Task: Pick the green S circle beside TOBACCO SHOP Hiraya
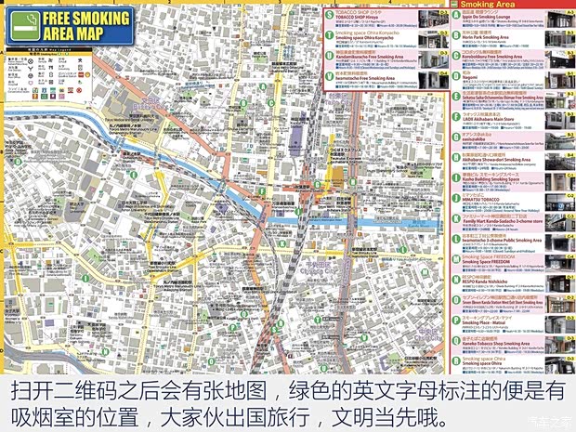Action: [x=328, y=16]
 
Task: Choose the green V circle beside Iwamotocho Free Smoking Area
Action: [x=328, y=76]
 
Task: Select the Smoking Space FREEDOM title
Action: [x=489, y=262]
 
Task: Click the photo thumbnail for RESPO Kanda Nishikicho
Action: [x=556, y=281]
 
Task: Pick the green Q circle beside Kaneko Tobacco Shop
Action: [x=456, y=343]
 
